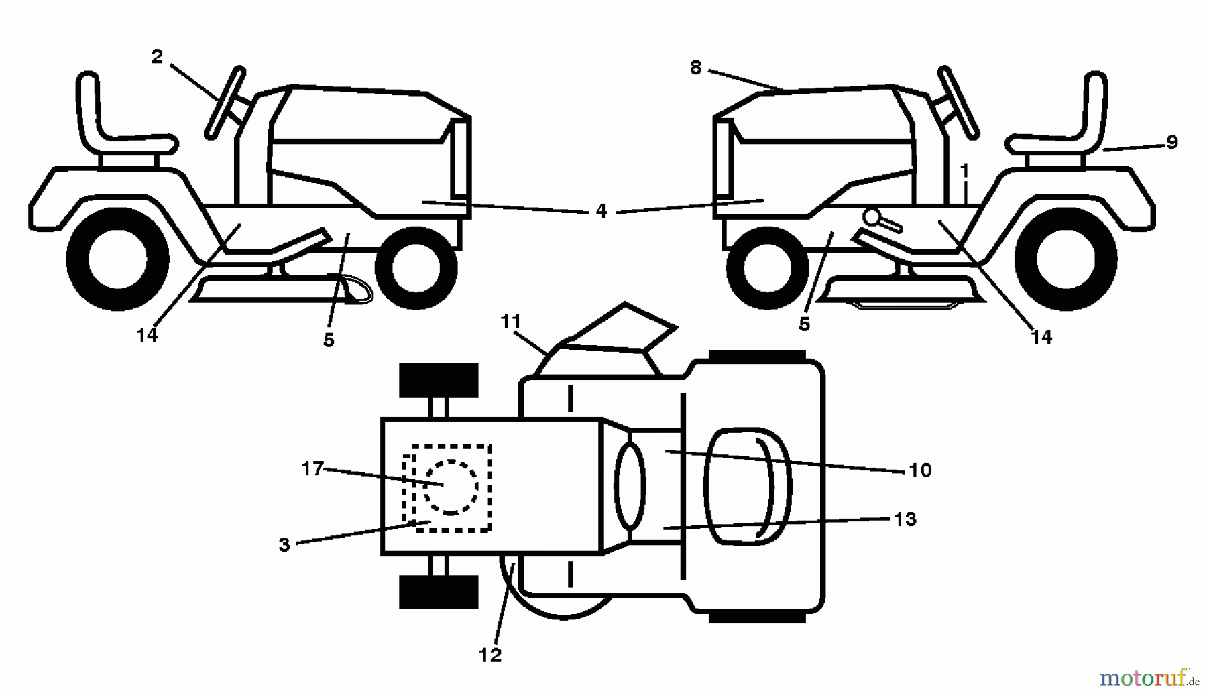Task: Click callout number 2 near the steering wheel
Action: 157,57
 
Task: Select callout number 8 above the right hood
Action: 695,68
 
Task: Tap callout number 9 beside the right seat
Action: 1171,142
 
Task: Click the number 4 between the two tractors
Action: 601,211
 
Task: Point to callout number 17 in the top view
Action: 312,468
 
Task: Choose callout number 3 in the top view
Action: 284,545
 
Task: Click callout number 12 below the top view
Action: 490,655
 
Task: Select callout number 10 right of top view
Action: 920,470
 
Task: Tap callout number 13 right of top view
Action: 905,519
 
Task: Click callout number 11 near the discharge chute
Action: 511,322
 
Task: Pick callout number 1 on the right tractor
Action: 964,171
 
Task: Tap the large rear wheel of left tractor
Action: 118,259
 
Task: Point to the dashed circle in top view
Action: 451,487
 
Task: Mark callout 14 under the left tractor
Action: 147,335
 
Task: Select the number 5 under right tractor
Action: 804,324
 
